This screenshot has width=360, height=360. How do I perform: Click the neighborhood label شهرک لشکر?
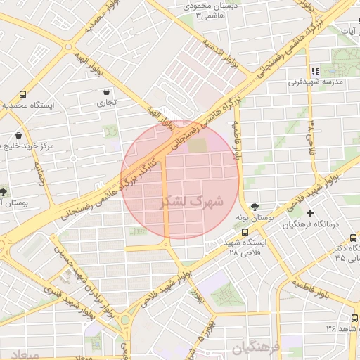(x=192, y=202)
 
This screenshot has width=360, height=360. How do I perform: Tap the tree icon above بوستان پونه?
(x=254, y=207)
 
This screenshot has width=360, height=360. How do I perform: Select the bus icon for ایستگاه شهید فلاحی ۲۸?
(x=244, y=232)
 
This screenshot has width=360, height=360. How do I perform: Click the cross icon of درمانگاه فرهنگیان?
(x=311, y=213)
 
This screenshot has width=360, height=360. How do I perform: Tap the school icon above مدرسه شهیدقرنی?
(x=315, y=71)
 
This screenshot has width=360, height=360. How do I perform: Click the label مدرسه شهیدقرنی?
(x=314, y=82)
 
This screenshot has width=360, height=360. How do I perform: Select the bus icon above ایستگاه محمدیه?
(x=23, y=94)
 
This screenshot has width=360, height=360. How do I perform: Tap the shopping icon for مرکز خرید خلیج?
(x=18, y=136)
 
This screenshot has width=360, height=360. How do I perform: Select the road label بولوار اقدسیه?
(x=221, y=53)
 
